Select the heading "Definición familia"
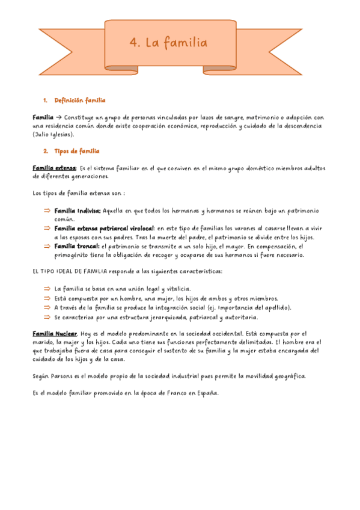click(x=80, y=100)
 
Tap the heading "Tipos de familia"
click(x=76, y=151)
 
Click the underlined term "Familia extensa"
click(x=53, y=168)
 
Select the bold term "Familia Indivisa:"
click(x=78, y=211)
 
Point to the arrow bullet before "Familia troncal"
click(x=46, y=246)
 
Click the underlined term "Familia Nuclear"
click(x=55, y=333)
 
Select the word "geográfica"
click(x=286, y=376)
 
